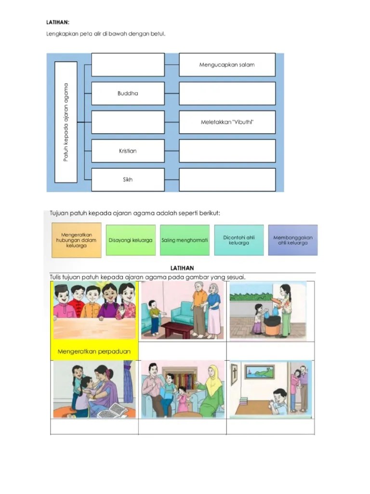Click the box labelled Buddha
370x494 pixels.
coord(128,94)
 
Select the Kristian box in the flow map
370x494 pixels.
coord(128,151)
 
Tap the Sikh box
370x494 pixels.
coord(128,179)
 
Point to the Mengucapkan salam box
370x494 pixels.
coord(227,65)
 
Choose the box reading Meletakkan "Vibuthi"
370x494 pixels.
coord(227,122)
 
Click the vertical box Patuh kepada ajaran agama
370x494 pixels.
coord(66,122)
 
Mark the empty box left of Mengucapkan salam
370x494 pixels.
coord(128,65)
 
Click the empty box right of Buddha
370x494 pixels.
coord(227,94)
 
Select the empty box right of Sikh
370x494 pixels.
coord(227,179)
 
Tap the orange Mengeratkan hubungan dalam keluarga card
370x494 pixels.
coord(77,240)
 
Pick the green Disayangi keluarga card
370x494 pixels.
coord(131,240)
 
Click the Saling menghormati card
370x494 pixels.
coord(185,240)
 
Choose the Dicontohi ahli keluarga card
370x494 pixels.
coord(239,240)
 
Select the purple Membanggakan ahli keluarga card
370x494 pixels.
coord(293,240)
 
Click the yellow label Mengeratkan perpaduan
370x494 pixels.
coord(94,352)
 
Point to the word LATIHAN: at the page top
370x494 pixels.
coord(58,22)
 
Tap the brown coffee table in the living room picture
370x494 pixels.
coord(177,329)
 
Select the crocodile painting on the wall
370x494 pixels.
coord(259,371)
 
